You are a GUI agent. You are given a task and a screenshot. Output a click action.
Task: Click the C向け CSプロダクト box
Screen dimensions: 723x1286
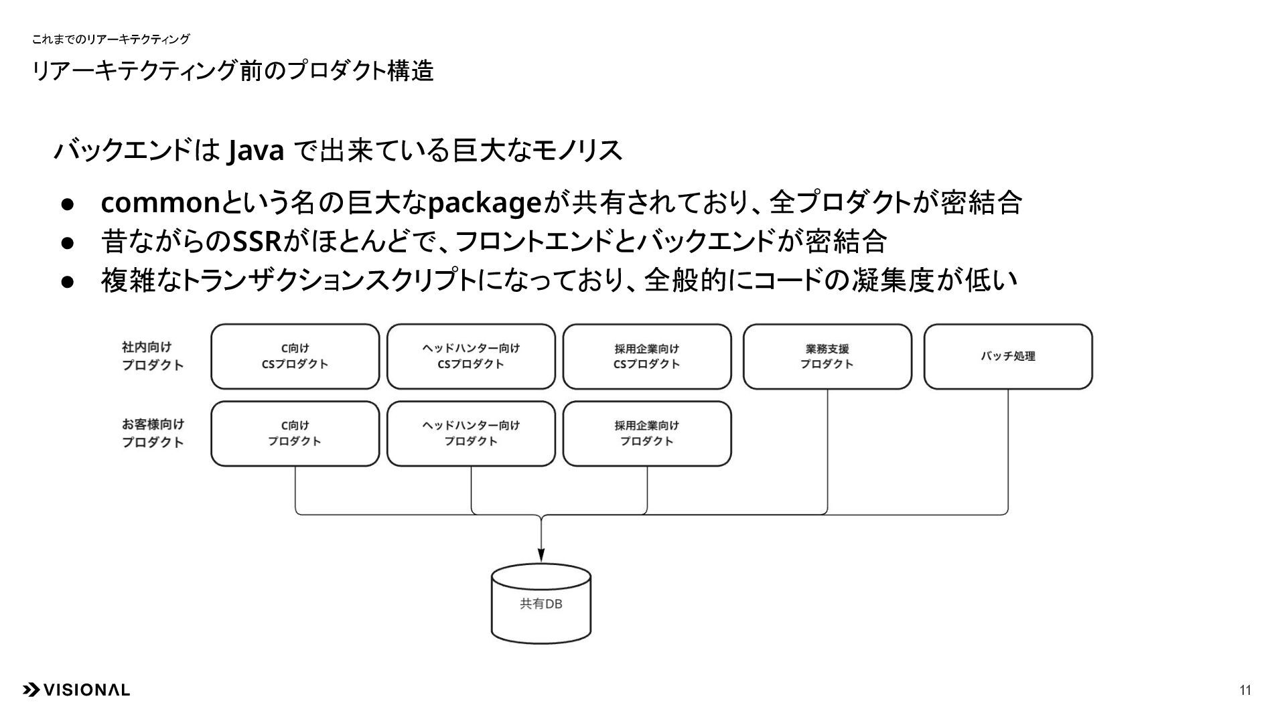point(295,356)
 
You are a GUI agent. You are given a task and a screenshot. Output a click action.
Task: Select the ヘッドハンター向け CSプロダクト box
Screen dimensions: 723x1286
point(471,356)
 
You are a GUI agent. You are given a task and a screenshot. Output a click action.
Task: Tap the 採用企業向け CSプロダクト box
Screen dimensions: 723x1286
point(647,356)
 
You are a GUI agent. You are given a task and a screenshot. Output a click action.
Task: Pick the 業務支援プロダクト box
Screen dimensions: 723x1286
point(827,356)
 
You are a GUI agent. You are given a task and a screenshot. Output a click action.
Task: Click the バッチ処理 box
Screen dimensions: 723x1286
point(1008,356)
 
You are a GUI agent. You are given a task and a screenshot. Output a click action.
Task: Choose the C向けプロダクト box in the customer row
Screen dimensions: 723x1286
point(295,433)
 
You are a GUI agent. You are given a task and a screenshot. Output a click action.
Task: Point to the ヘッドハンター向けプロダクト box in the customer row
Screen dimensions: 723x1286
point(471,433)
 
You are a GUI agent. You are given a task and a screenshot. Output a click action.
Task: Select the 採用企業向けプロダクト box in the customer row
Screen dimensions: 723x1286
point(647,433)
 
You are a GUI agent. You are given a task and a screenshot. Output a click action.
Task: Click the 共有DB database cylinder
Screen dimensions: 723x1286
point(541,604)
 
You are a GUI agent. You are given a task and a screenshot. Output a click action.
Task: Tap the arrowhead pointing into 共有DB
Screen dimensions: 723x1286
point(541,555)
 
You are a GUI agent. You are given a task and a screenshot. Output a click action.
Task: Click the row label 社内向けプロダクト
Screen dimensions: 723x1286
point(152,356)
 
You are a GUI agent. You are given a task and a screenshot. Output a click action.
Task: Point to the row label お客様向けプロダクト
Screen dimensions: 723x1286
point(152,433)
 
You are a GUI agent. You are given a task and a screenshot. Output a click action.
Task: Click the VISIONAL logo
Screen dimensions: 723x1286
point(76,690)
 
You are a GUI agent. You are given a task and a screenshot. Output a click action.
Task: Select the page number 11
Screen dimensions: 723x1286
point(1245,690)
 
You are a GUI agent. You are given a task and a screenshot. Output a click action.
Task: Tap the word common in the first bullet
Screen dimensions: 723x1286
point(160,203)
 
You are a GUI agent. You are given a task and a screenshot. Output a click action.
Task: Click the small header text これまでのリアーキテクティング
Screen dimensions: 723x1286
point(111,39)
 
